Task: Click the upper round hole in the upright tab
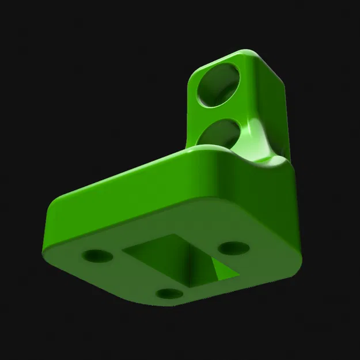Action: (218, 85)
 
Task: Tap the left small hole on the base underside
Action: (97, 255)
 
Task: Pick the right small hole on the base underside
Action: (234, 248)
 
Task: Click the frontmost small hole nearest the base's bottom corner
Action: (169, 294)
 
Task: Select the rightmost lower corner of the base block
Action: (296, 262)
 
